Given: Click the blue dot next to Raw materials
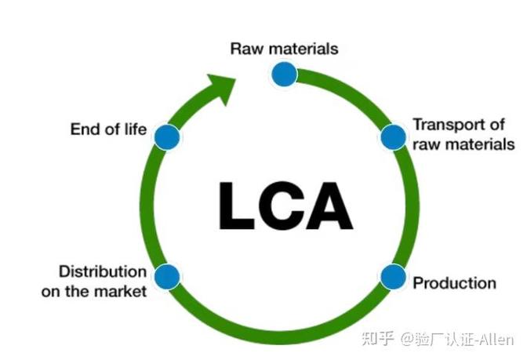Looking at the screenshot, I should [x=284, y=74].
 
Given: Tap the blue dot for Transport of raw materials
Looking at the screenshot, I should [x=392, y=137].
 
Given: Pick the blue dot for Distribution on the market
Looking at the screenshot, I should [x=167, y=276].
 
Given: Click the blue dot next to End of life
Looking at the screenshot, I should [x=166, y=136].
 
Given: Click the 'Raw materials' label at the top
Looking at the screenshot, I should [x=284, y=48].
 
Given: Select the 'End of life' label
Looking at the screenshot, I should [x=108, y=129].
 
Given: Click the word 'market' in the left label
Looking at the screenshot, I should [x=123, y=293].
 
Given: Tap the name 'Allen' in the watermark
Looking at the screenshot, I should [x=496, y=339].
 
